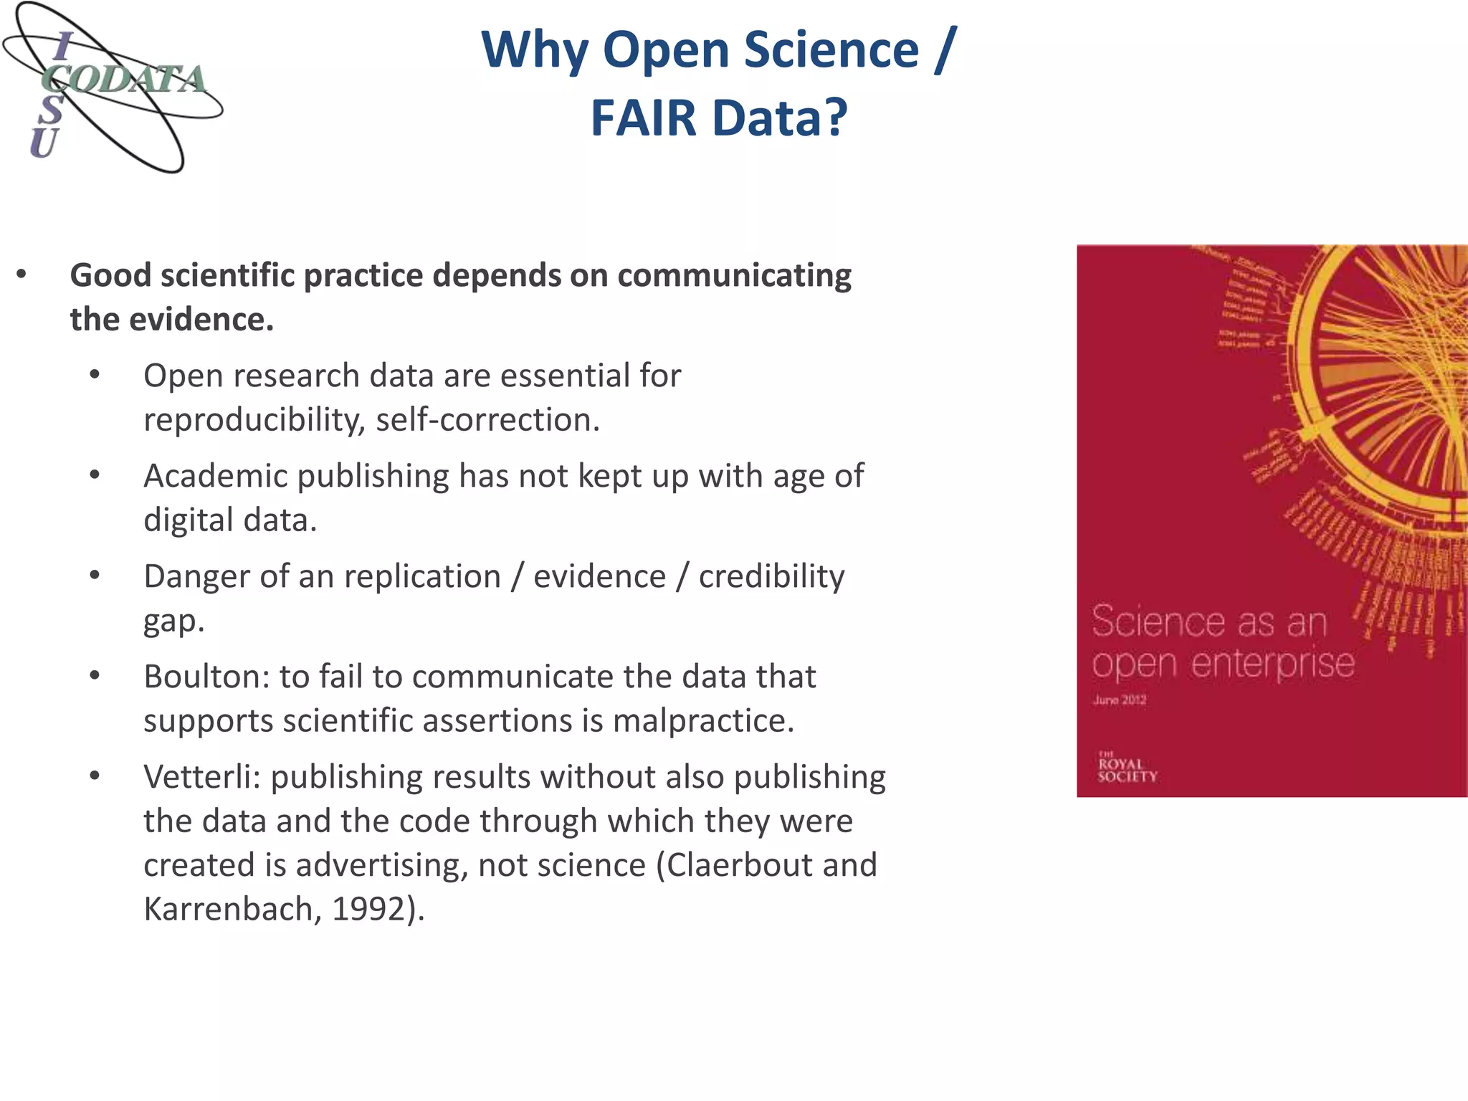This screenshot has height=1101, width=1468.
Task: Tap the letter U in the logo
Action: pos(43,143)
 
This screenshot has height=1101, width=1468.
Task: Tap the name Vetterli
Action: pos(202,777)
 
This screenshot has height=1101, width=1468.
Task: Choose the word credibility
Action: pos(771,576)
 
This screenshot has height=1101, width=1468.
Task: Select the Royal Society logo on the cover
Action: pos(1127,767)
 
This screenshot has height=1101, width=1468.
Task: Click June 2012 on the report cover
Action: pos(1120,700)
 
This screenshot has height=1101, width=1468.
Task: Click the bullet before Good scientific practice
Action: pos(22,275)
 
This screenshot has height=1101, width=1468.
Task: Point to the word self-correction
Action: pos(487,420)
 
